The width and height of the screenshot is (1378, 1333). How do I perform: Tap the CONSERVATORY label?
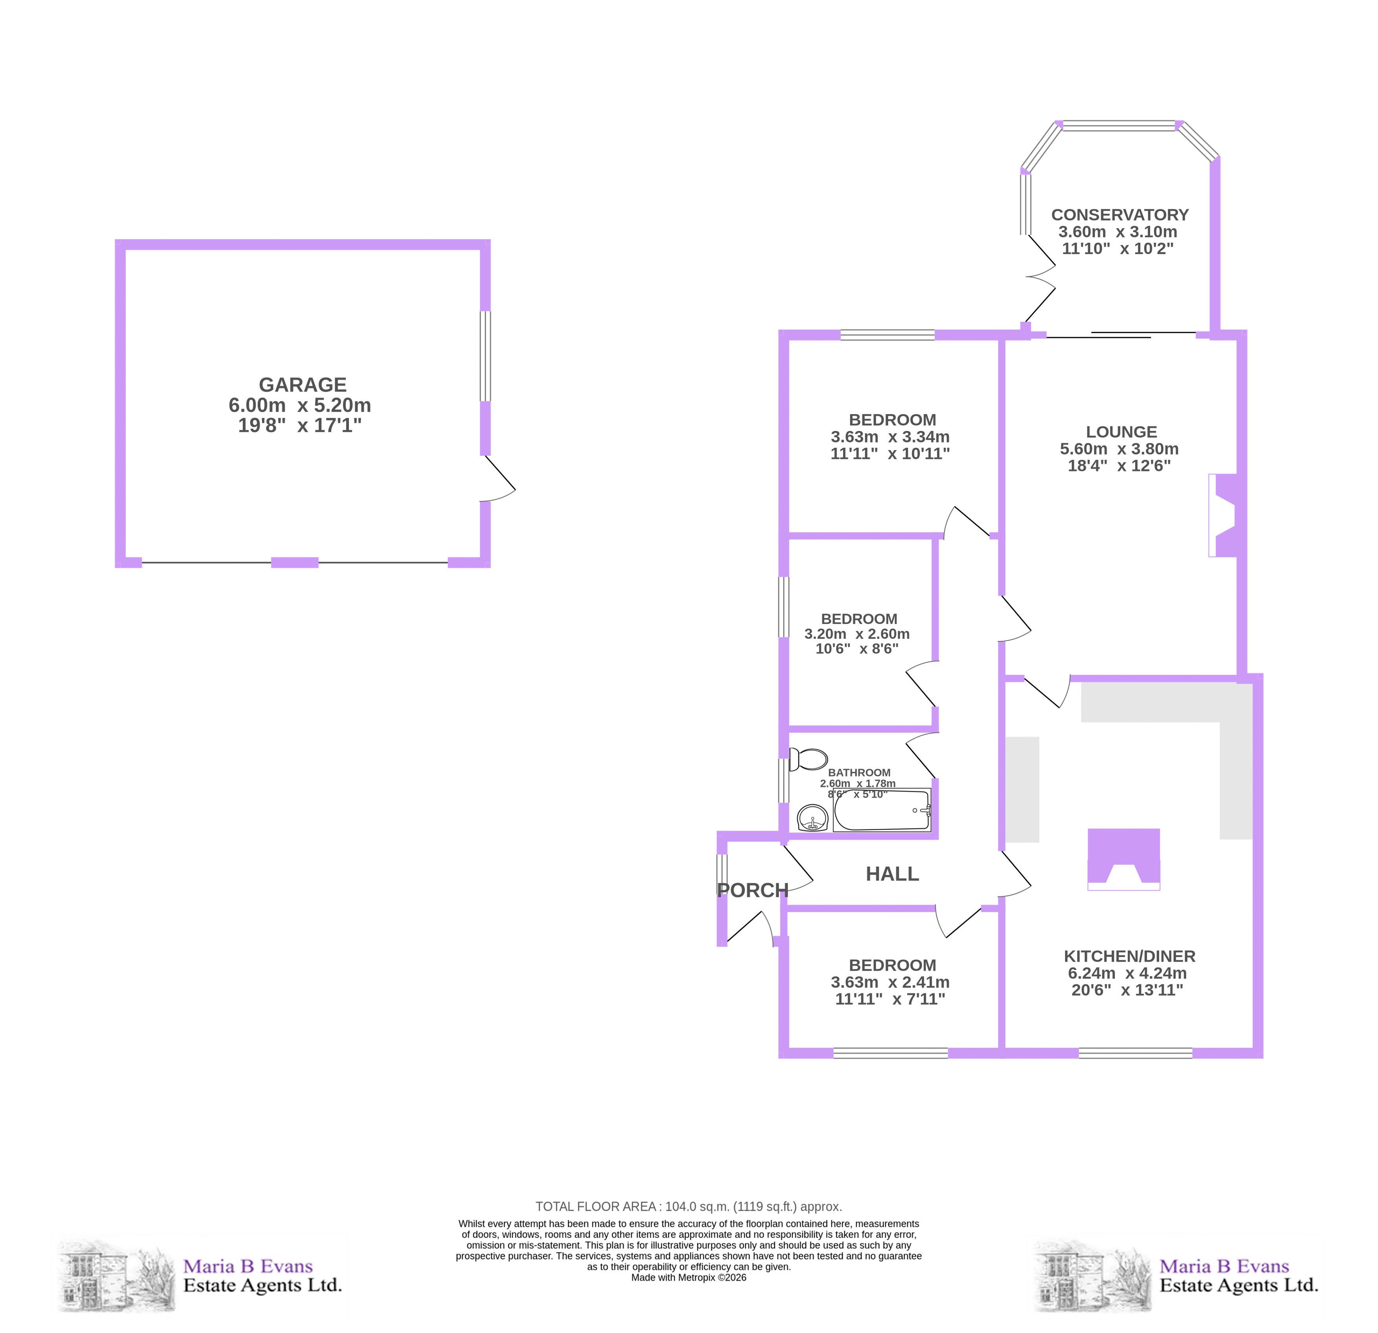click(x=1120, y=215)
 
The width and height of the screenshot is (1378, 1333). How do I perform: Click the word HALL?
click(x=892, y=874)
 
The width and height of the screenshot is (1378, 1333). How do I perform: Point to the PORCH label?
click(x=752, y=890)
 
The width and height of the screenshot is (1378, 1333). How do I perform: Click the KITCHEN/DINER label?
click(x=1129, y=956)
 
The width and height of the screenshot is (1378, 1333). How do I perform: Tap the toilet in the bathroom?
click(x=809, y=759)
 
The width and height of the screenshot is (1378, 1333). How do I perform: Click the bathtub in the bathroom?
click(x=882, y=810)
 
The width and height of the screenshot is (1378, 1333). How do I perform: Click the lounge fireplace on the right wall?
click(x=1223, y=515)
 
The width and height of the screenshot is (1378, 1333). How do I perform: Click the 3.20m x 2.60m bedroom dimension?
click(x=857, y=633)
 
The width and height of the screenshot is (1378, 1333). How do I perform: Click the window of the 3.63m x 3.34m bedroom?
click(x=887, y=335)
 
